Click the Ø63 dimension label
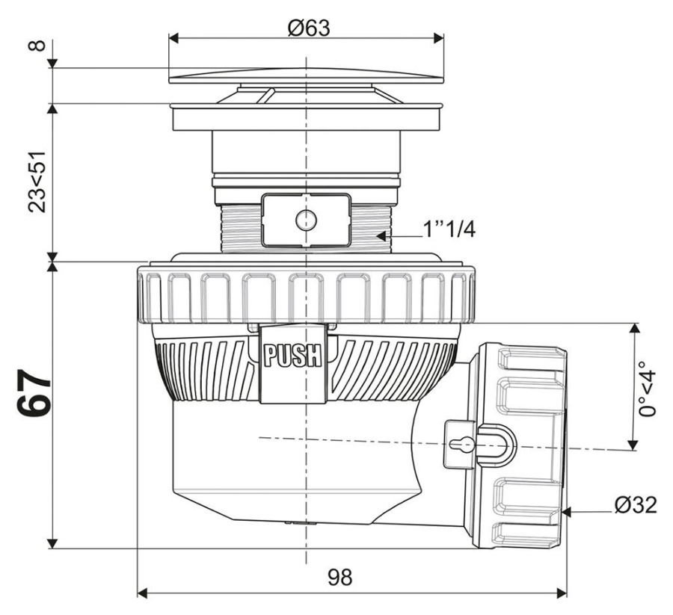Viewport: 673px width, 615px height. (x=308, y=28)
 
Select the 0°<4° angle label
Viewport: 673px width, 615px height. (x=649, y=389)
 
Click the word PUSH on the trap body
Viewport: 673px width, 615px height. (x=293, y=354)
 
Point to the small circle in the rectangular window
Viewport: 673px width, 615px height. (x=306, y=220)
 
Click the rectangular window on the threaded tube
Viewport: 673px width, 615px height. (x=306, y=220)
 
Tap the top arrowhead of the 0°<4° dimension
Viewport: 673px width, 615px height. (x=635, y=328)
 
